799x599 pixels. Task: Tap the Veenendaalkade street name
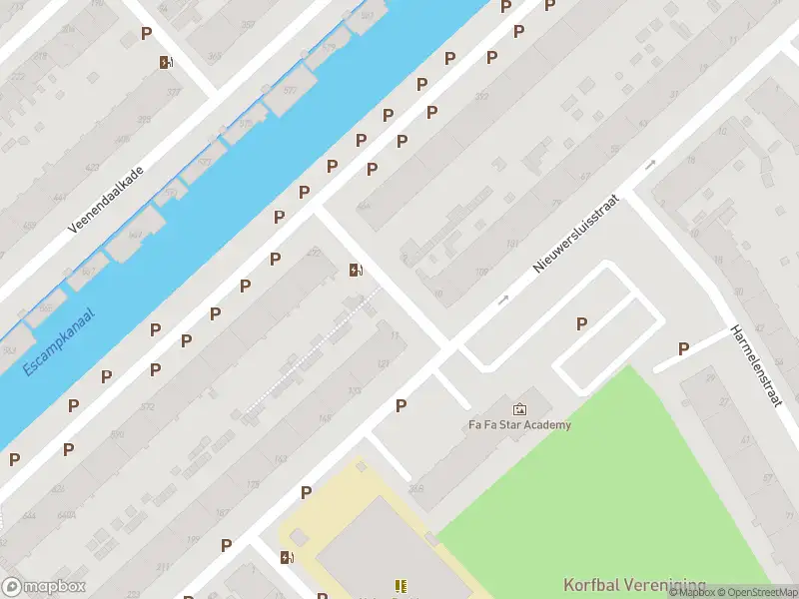[x=106, y=200]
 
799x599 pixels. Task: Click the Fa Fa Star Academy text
[x=520, y=425]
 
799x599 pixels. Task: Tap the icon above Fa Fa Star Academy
[x=520, y=408]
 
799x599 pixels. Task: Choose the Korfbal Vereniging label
[x=634, y=585]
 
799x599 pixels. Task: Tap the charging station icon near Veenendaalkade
[x=166, y=62]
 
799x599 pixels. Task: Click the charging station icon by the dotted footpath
[x=356, y=270]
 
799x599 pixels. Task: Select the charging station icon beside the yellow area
[x=288, y=557]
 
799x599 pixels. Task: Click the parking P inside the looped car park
[x=581, y=323]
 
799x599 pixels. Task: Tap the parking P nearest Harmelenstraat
[x=684, y=348]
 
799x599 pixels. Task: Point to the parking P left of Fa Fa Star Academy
[x=400, y=405]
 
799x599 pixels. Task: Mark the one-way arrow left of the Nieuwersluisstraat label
[x=503, y=299]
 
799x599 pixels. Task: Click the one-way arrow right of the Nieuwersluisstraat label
[x=650, y=165]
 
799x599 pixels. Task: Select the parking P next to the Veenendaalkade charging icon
[x=146, y=34]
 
